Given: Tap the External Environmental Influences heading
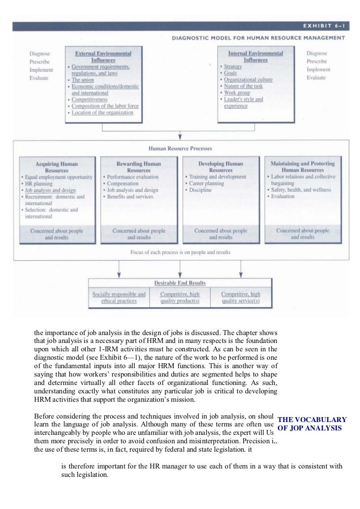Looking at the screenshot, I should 103,56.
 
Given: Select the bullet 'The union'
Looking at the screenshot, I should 82,80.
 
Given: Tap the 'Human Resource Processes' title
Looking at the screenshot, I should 180,148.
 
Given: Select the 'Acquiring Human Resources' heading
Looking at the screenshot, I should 56,167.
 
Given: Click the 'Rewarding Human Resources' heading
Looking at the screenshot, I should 138,167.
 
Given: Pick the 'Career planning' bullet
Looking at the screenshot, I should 206,183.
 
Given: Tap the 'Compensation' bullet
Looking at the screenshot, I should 122,183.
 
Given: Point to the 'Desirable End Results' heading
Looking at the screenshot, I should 180,283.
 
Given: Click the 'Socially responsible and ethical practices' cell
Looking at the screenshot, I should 119,297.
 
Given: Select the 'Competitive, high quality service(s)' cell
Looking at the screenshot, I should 240,297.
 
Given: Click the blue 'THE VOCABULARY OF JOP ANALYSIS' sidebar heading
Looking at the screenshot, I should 312,424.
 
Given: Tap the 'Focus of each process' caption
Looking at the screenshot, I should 180,252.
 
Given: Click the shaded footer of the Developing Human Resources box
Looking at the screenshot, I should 221,234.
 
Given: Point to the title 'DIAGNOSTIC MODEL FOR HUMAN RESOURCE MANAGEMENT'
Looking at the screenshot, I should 258,38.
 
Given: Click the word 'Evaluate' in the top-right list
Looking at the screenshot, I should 316,78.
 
